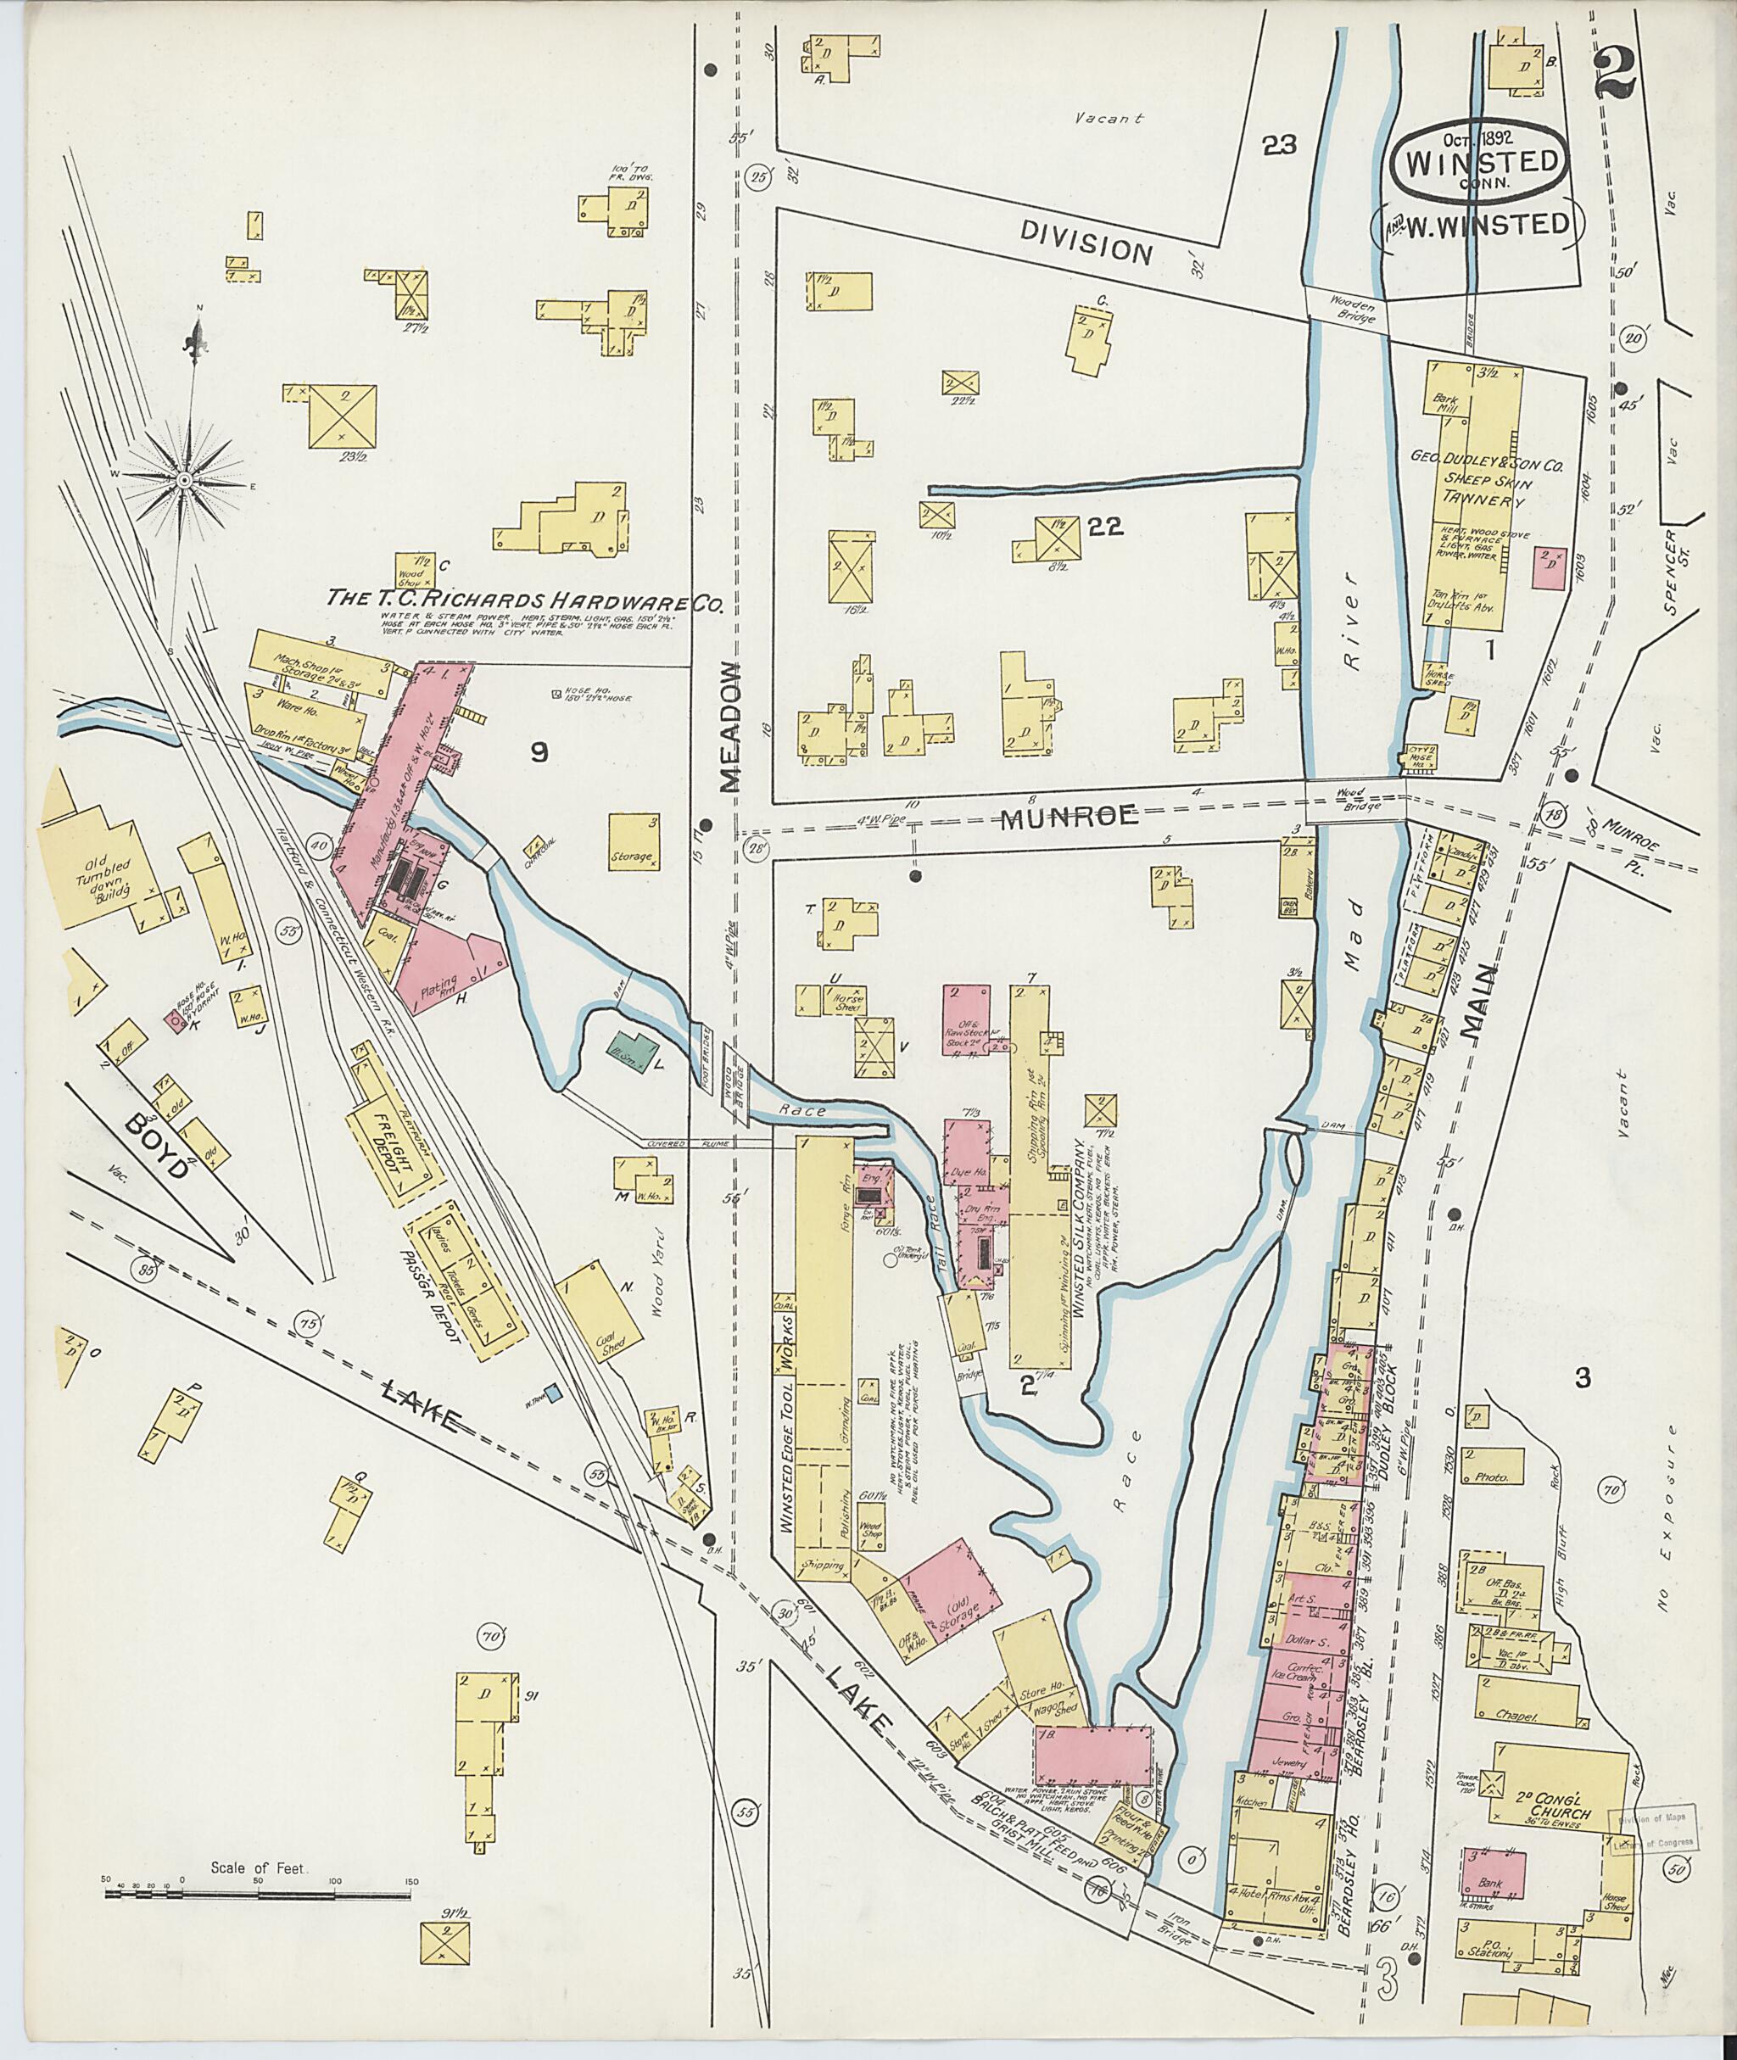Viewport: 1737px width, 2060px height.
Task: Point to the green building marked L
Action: (634, 1050)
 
